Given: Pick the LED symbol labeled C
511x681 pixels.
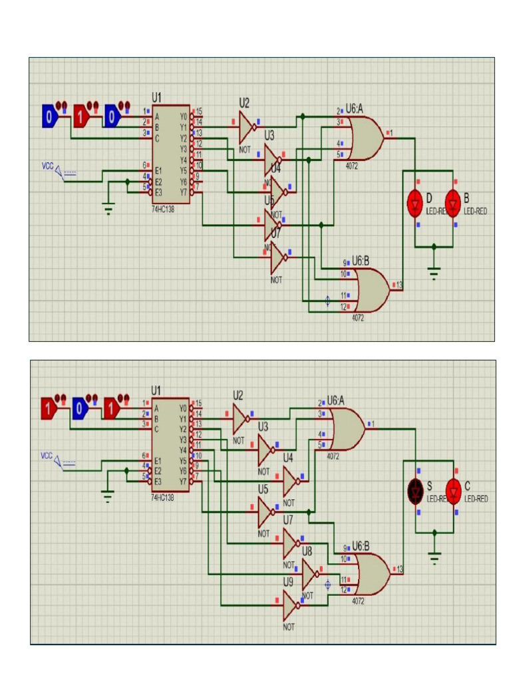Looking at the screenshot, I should [453, 491].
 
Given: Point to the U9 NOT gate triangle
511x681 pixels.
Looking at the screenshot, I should [289, 605].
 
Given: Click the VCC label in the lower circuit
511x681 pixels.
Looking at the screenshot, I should [47, 456].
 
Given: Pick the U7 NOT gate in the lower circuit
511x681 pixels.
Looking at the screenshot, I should [289, 544].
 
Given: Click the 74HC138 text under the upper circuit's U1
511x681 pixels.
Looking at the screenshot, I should [163, 208].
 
